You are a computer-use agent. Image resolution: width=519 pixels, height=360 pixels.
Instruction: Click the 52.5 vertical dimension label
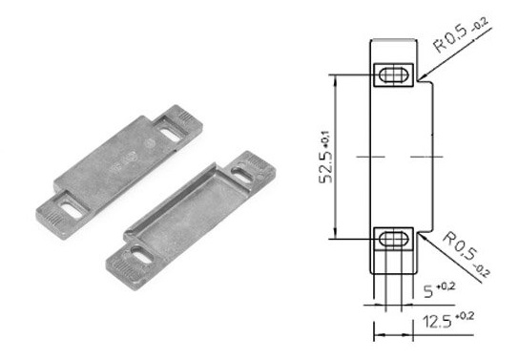[x=326, y=157]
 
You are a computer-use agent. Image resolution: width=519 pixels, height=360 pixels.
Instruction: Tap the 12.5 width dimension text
[x=448, y=320]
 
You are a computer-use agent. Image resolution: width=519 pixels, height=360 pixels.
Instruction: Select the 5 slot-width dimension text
[x=439, y=289]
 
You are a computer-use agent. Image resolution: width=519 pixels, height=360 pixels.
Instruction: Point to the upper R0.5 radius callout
[x=461, y=34]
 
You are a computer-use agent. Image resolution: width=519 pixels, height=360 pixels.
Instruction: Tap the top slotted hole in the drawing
[x=394, y=74]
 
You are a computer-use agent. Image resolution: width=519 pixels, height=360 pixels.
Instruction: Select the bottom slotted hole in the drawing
[x=394, y=239]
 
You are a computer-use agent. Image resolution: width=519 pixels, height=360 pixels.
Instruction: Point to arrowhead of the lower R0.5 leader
[x=421, y=235]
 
